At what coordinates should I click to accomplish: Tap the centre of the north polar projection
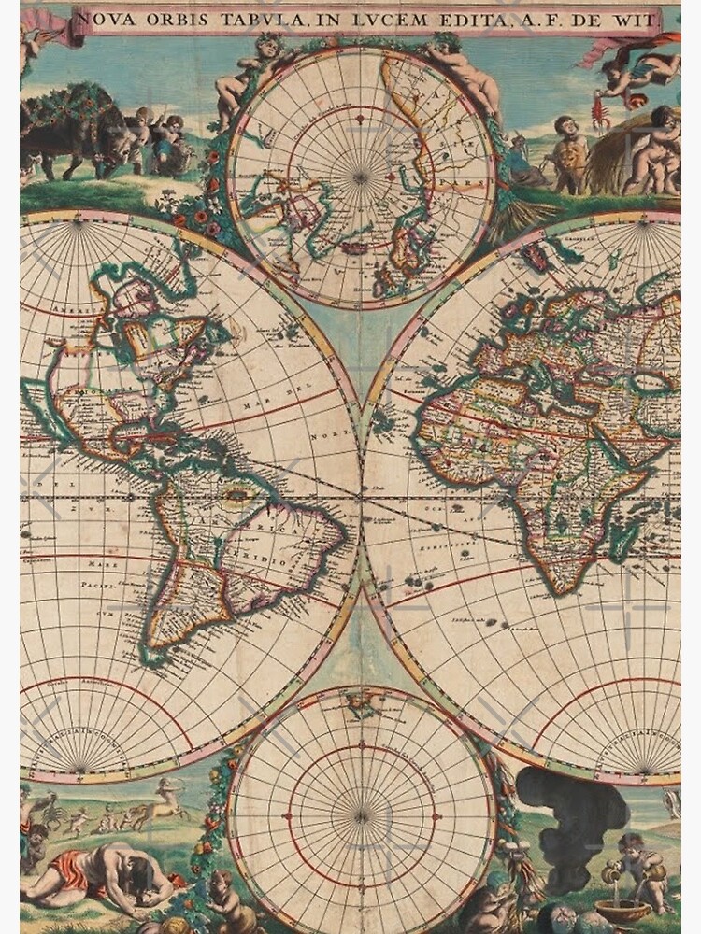(x=362, y=175)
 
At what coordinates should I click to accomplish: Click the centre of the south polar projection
(x=362, y=815)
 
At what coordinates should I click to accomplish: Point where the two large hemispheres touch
(x=362, y=495)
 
